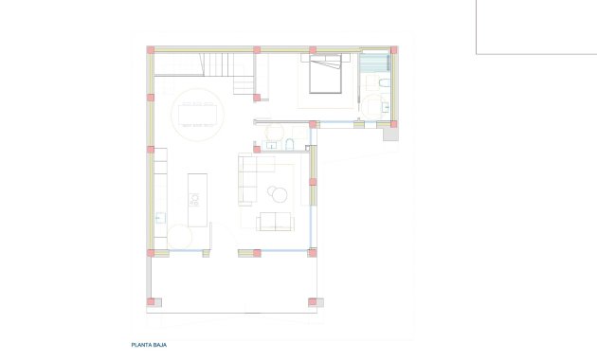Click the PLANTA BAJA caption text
[x=149, y=346]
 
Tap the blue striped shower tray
[x=376, y=61]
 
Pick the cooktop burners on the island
[x=194, y=200]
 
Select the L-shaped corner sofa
[x=249, y=180]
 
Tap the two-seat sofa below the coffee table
[x=275, y=222]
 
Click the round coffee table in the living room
[x=279, y=194]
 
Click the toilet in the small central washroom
[x=292, y=144]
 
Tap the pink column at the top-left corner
[x=150, y=50]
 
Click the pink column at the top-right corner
[x=394, y=50]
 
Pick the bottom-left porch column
[x=151, y=302]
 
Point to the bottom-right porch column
[x=312, y=302]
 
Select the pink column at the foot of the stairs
[x=257, y=97]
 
